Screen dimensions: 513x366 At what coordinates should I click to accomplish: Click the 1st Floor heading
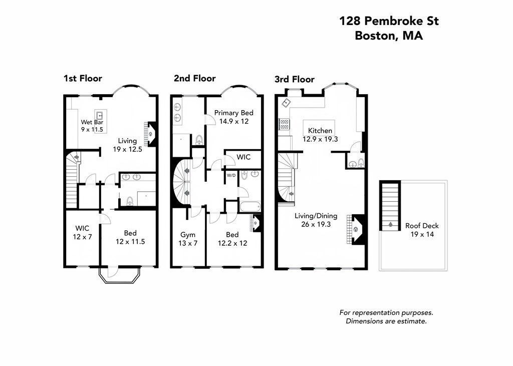83,79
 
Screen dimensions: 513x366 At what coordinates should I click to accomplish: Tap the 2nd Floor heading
195,79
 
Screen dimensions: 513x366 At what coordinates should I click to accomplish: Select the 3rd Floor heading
295,80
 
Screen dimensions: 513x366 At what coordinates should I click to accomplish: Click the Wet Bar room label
92,122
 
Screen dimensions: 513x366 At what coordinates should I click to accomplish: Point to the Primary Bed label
233,113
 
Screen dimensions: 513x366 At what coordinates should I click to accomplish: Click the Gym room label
188,234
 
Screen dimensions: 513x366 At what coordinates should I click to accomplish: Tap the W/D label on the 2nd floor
231,176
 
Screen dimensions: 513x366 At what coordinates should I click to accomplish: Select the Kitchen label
320,131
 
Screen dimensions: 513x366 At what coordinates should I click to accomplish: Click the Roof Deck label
422,226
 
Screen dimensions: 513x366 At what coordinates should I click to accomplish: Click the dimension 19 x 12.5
127,150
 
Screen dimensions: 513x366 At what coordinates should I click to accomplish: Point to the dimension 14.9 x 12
233,121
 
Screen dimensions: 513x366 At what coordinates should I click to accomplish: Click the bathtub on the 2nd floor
250,207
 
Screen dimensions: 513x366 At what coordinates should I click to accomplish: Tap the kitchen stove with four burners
284,124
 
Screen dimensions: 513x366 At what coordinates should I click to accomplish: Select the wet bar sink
100,115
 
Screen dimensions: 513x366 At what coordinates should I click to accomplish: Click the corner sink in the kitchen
286,102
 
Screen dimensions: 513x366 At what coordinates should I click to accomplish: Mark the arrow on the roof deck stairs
390,224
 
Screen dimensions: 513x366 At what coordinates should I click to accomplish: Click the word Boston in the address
375,35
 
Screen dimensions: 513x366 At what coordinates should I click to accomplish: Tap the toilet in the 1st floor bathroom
130,201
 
